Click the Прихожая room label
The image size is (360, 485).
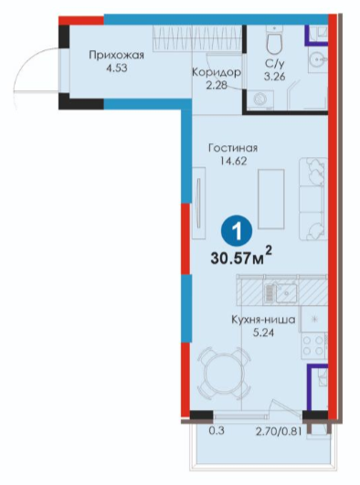pyautogui.click(x=116, y=56)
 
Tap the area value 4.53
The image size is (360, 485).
pyautogui.click(x=116, y=69)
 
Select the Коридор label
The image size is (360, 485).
pyautogui.click(x=217, y=72)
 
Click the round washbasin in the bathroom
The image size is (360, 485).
pyautogui.click(x=318, y=58)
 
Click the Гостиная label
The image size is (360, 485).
pyautogui.click(x=233, y=148)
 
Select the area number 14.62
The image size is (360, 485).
pyautogui.click(x=233, y=161)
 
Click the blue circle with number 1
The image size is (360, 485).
pyautogui.click(x=237, y=231)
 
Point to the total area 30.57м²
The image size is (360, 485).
pyautogui.click(x=241, y=258)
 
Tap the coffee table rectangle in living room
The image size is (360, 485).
pyautogui.click(x=271, y=199)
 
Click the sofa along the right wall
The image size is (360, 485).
pyautogui.click(x=313, y=199)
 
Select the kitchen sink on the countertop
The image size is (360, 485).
pyautogui.click(x=281, y=292)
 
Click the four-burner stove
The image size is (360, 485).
pyautogui.click(x=314, y=345)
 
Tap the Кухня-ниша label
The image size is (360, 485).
pyautogui.click(x=263, y=320)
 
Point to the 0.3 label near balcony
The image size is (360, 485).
pyautogui.click(x=217, y=430)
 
